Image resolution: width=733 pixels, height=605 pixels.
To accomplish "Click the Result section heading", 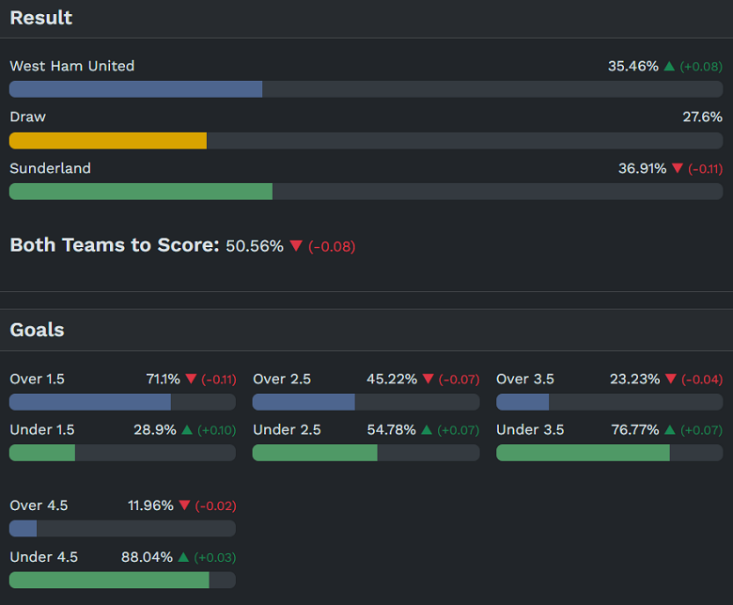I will (41, 18).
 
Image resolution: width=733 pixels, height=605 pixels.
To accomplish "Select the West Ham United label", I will (72, 66).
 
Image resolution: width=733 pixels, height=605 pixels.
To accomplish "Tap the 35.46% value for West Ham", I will (632, 66).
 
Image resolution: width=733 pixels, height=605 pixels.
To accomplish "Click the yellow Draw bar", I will (108, 140).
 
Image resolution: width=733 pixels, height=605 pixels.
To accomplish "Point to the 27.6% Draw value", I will (702, 117).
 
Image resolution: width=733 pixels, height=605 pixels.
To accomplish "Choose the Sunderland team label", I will (51, 168).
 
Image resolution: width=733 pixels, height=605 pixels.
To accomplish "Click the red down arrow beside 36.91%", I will (678, 169).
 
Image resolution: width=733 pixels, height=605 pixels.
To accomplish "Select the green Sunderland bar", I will (141, 191).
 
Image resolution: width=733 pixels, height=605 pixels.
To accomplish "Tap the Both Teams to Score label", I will (114, 245).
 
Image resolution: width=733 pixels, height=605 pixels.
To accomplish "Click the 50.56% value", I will (254, 246).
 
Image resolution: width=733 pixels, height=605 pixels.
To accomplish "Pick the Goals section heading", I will (38, 330).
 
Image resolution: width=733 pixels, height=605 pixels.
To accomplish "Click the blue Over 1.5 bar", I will (90, 402).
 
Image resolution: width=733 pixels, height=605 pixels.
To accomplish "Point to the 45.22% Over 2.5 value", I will (391, 380).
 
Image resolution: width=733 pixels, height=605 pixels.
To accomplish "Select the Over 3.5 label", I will (525, 380).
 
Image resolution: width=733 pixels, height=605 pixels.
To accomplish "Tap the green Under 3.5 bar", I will (583, 453).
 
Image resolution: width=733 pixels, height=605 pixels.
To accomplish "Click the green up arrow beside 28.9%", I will (187, 430).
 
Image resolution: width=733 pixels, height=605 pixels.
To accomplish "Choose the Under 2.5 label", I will (287, 430).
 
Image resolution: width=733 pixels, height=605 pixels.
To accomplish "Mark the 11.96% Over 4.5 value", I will (150, 505).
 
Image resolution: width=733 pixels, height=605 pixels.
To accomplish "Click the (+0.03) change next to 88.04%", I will (215, 557).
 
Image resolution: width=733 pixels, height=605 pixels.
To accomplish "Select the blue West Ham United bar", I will (136, 89).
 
